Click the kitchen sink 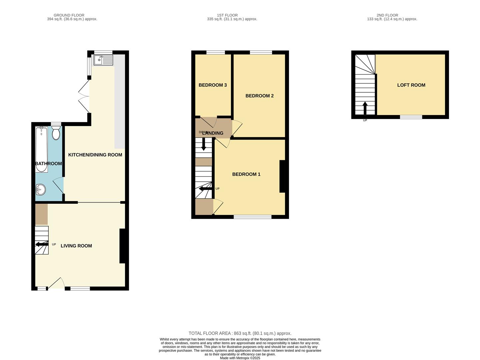[103, 60]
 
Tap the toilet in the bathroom [56, 133]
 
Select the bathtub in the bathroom [42, 149]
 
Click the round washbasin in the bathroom [40, 190]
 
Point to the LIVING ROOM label [76, 246]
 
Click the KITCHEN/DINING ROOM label [95, 155]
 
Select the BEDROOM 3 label [213, 85]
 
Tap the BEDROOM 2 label [259, 96]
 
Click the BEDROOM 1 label [246, 174]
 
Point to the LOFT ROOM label [411, 85]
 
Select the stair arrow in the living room [42, 244]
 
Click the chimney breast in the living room [122, 246]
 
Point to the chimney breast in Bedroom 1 [282, 176]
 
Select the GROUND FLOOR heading [69, 15]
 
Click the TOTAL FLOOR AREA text [240, 333]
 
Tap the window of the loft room [411, 117]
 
